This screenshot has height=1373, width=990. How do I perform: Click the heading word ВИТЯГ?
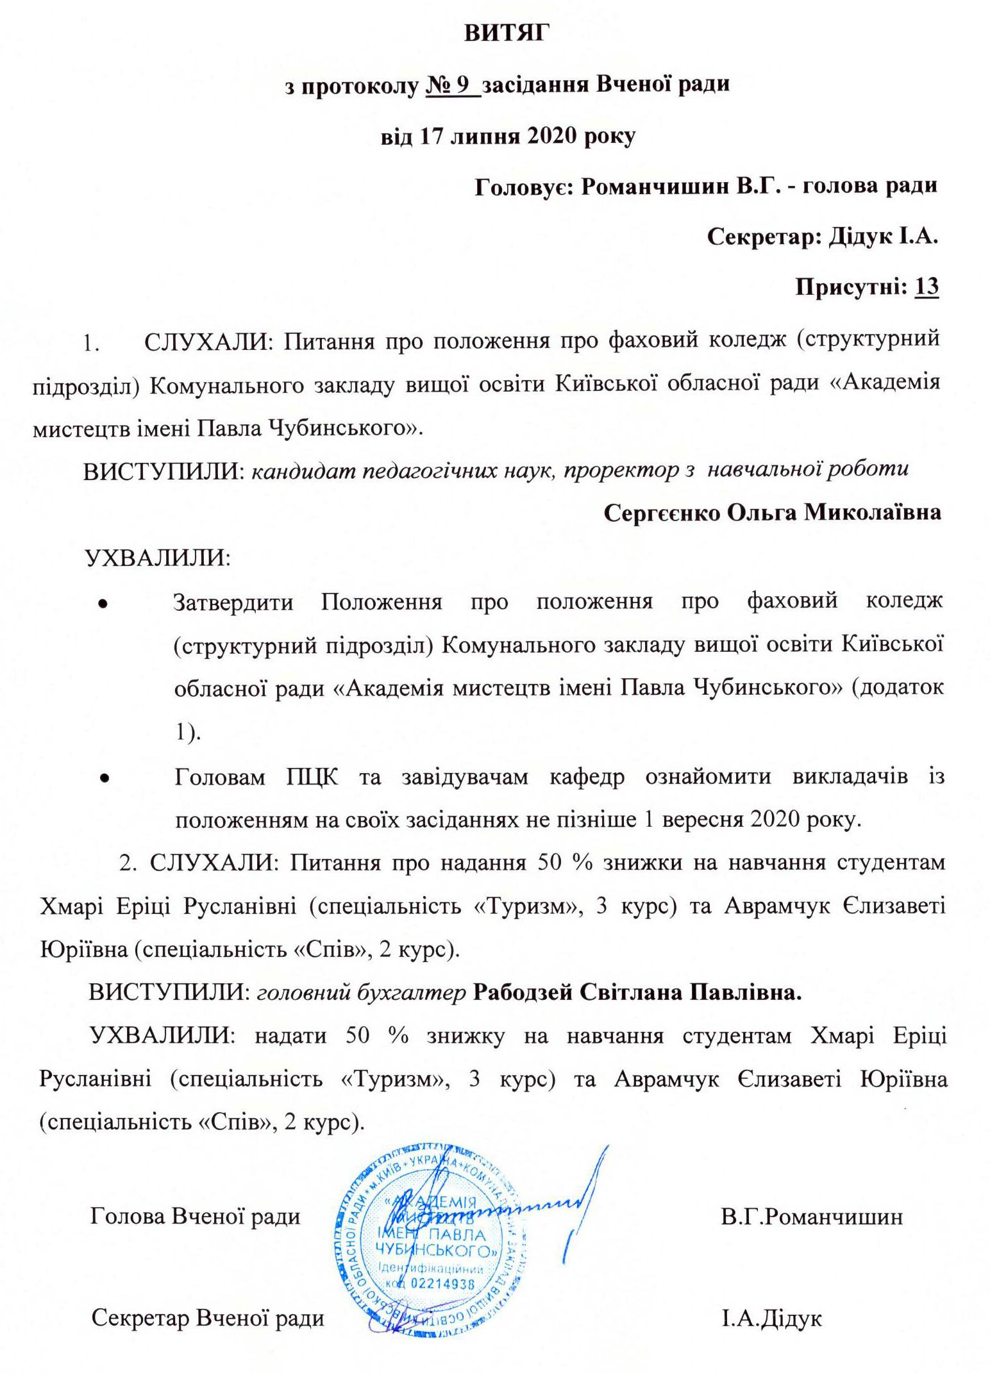click(x=507, y=33)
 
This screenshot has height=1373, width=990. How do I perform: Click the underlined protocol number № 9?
click(x=451, y=85)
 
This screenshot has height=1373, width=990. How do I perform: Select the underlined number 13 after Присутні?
click(x=927, y=287)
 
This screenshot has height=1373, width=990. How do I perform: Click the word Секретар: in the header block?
click(x=764, y=237)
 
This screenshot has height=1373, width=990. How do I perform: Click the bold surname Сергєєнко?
click(x=662, y=513)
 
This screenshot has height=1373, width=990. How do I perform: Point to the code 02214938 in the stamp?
click(x=442, y=1283)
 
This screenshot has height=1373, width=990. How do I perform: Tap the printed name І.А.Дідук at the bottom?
click(x=771, y=1319)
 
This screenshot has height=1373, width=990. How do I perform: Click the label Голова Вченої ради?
click(x=195, y=1216)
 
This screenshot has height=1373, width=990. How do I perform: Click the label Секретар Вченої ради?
click(x=207, y=1319)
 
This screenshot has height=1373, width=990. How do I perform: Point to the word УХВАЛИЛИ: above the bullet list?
click(x=158, y=558)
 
